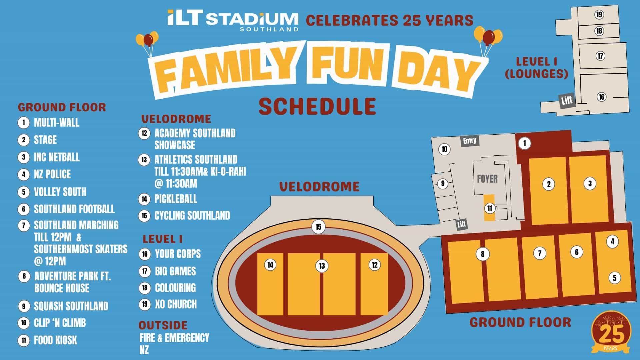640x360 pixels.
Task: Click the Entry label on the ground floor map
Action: pos(470,141)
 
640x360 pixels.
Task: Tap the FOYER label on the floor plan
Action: pos(487,179)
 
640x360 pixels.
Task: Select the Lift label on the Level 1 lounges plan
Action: pos(567,100)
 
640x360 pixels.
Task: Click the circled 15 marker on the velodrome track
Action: pos(318,227)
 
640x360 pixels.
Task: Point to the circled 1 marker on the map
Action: pos(524,143)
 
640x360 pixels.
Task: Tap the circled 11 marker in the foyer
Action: pos(489,209)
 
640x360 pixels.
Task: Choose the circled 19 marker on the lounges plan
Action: pos(599,14)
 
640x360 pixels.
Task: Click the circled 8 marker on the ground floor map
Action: pos(482,254)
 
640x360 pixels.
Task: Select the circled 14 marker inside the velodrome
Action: pos(270,265)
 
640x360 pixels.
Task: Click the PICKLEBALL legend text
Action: pos(176,199)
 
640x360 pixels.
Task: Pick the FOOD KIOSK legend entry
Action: pos(55,340)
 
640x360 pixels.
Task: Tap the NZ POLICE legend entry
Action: pos(52,174)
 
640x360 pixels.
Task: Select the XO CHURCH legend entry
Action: pos(176,304)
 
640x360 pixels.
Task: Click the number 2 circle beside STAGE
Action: pos(23,140)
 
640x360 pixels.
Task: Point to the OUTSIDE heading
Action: pos(163,325)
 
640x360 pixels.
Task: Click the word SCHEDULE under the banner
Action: pos(317,106)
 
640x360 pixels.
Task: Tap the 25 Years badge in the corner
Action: pos(611,332)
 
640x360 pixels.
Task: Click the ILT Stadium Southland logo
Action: pos(233,20)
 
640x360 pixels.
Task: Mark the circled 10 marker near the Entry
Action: pos(444,149)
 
